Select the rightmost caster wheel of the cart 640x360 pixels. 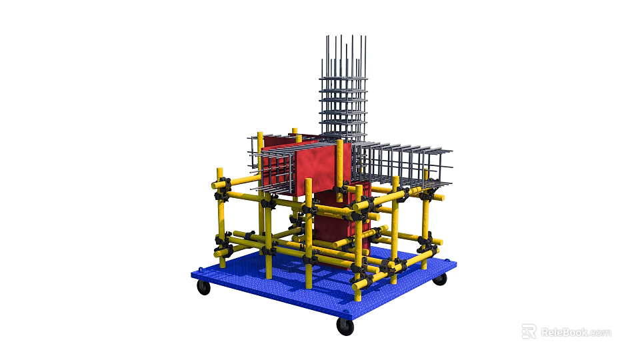pos(439,279)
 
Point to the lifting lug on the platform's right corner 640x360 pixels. pos(455,265)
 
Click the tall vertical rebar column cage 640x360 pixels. pos(343,93)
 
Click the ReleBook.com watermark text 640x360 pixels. pos(575,332)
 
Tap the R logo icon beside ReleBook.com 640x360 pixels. pos(529,331)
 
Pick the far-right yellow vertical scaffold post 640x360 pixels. pos(425,227)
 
